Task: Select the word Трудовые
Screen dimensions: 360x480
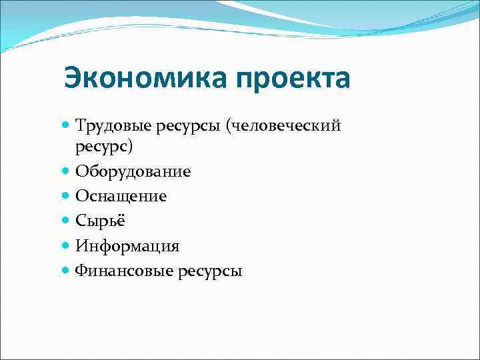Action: (110, 125)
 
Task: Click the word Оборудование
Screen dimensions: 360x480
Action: (133, 172)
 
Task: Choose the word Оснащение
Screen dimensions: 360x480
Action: (121, 197)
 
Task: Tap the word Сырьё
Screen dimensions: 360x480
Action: (99, 221)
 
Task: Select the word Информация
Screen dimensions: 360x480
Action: (127, 246)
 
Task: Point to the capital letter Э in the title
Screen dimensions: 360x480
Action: (74, 79)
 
